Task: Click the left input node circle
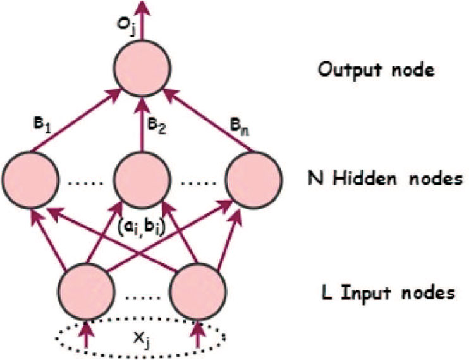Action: click(x=87, y=290)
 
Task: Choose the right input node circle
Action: click(x=198, y=290)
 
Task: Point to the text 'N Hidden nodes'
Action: click(x=382, y=179)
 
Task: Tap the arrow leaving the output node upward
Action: click(x=142, y=19)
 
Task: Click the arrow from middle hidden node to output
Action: click(x=142, y=123)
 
